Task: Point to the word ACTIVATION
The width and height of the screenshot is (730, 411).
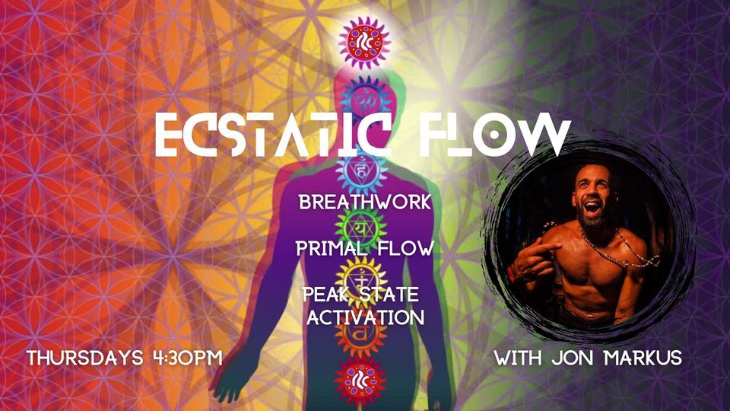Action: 364,317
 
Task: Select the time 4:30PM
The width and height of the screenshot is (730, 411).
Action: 186,358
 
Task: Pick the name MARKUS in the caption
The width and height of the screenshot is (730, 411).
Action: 643,358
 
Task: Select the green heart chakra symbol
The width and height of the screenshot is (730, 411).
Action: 361,227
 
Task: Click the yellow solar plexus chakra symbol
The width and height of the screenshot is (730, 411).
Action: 360,274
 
